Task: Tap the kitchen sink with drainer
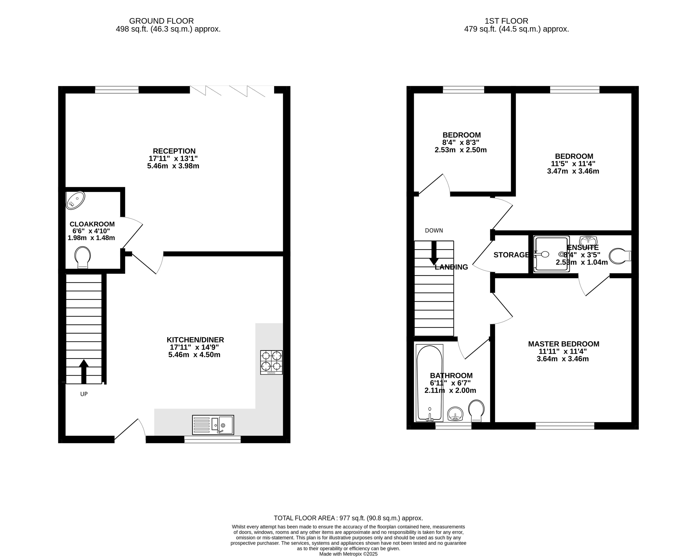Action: (x=213, y=425)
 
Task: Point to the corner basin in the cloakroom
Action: (x=75, y=200)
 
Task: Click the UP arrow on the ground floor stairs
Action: (x=84, y=371)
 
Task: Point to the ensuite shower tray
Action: (x=551, y=254)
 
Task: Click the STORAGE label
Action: (x=511, y=255)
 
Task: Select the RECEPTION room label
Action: (x=174, y=151)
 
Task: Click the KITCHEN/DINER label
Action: (x=195, y=340)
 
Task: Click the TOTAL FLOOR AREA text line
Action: (x=348, y=518)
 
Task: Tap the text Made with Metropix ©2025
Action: (x=348, y=554)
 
